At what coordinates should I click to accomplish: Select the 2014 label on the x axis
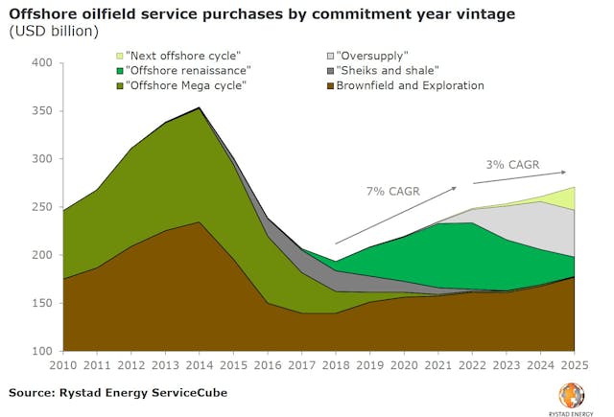pyautogui.click(x=199, y=365)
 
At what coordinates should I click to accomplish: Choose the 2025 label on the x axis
pyautogui.click(x=575, y=365)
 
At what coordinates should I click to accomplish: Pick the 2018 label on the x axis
pyautogui.click(x=335, y=365)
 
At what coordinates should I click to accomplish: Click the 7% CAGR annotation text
pyautogui.click(x=392, y=192)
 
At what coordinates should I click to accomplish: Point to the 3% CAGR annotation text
pyautogui.click(x=510, y=165)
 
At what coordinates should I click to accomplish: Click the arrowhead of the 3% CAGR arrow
pyautogui.click(x=563, y=173)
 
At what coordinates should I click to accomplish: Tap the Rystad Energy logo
pyautogui.click(x=572, y=394)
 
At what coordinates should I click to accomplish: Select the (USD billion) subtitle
pyautogui.click(x=54, y=31)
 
